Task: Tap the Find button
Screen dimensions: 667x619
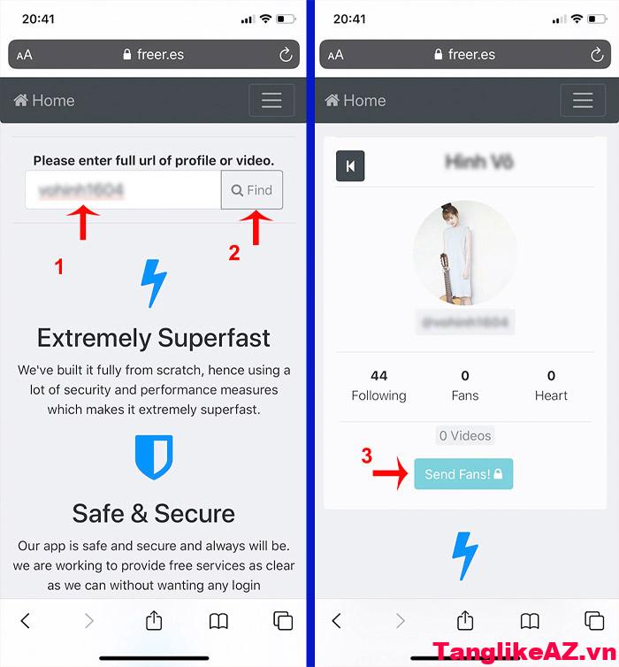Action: coord(252,190)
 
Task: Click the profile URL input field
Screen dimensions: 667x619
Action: coord(123,190)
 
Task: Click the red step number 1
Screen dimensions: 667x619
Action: coord(59,265)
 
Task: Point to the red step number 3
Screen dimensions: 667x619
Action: coord(366,456)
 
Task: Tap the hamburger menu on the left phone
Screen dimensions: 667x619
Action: coord(271,101)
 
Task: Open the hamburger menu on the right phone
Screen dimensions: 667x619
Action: coord(583,101)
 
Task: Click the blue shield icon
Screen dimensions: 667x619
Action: coord(154,456)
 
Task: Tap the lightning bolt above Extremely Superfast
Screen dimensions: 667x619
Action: coord(154,283)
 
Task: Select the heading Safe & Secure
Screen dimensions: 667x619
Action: coord(154,513)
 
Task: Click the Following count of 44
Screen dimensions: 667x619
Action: coord(378,375)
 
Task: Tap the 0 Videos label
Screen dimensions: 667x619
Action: coord(465,435)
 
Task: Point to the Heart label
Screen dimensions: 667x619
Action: coord(551,395)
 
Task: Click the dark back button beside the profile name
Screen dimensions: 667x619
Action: coord(350,165)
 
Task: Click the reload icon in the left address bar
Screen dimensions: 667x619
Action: coord(286,55)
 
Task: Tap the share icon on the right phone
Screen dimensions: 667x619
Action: coord(465,620)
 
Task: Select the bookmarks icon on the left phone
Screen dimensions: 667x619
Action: coord(218,621)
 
